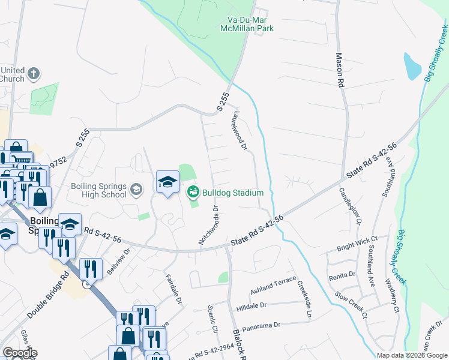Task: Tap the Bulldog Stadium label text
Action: pos(233,193)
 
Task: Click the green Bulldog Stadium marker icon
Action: pos(193,193)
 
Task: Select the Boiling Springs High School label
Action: pos(99,190)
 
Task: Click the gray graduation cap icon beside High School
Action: pos(136,190)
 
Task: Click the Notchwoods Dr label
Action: pos(208,225)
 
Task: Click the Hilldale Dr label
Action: pos(252,305)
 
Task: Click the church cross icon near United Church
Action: pos(34,74)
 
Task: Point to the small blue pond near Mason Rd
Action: pos(412,67)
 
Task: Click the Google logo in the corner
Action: pos(20,353)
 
